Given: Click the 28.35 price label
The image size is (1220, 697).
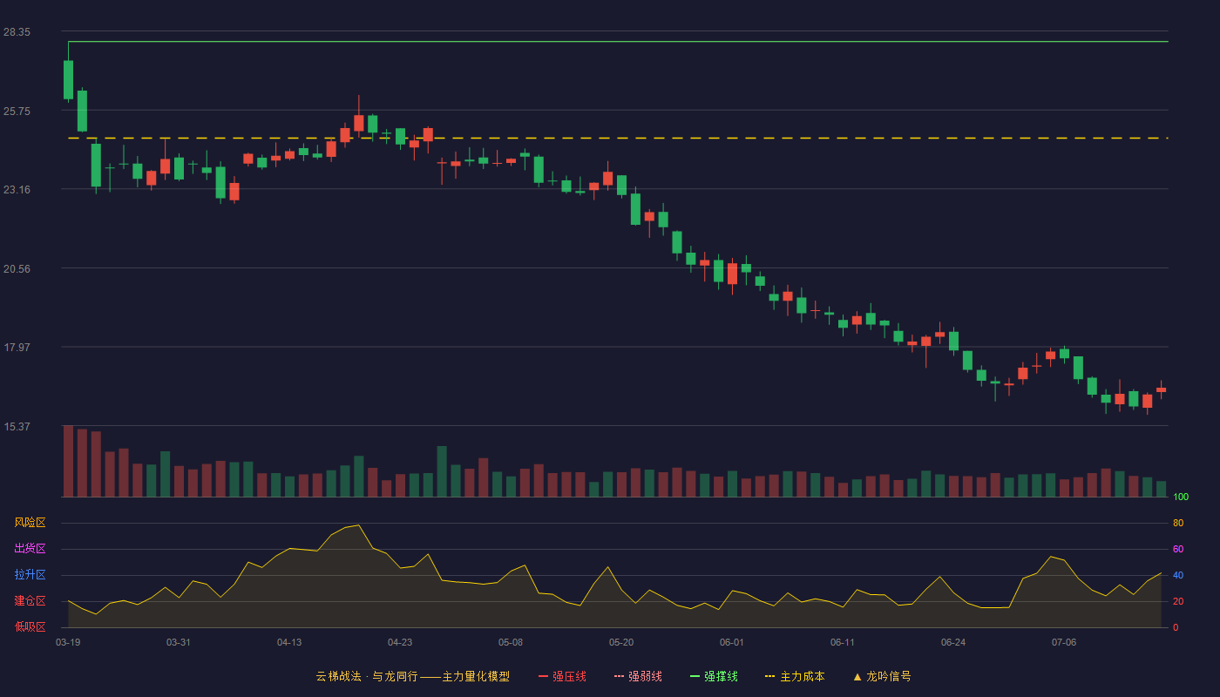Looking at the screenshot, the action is (17, 32).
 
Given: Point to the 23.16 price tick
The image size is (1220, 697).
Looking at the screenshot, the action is (17, 190).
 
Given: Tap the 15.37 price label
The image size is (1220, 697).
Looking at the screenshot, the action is (17, 426).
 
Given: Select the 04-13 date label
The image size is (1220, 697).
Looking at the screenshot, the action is (289, 643).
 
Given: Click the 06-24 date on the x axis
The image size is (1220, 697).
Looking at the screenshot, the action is (953, 643).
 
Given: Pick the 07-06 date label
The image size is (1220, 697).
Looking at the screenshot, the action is (1064, 643).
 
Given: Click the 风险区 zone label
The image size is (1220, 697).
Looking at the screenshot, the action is (30, 523).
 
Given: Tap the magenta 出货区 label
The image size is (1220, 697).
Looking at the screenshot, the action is (30, 548).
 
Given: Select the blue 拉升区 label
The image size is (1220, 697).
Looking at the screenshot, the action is (30, 574).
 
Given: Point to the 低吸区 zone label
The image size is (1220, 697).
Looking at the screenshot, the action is (30, 626).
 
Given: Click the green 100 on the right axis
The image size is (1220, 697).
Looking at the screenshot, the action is (1181, 497).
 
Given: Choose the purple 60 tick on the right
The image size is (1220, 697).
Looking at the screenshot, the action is (1178, 549).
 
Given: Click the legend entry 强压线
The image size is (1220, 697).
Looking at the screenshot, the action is (562, 676).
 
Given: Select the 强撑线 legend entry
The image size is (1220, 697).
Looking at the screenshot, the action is (714, 676).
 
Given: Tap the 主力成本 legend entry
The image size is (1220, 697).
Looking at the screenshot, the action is (795, 676).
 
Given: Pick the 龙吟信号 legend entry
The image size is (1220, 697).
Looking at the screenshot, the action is (882, 676).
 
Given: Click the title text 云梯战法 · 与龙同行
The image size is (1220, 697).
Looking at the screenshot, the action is (367, 676).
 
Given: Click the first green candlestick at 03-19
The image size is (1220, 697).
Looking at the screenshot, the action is (68, 79).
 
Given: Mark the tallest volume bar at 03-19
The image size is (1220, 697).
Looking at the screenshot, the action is (68, 461).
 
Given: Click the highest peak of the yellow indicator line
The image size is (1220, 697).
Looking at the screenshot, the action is (358, 525).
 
